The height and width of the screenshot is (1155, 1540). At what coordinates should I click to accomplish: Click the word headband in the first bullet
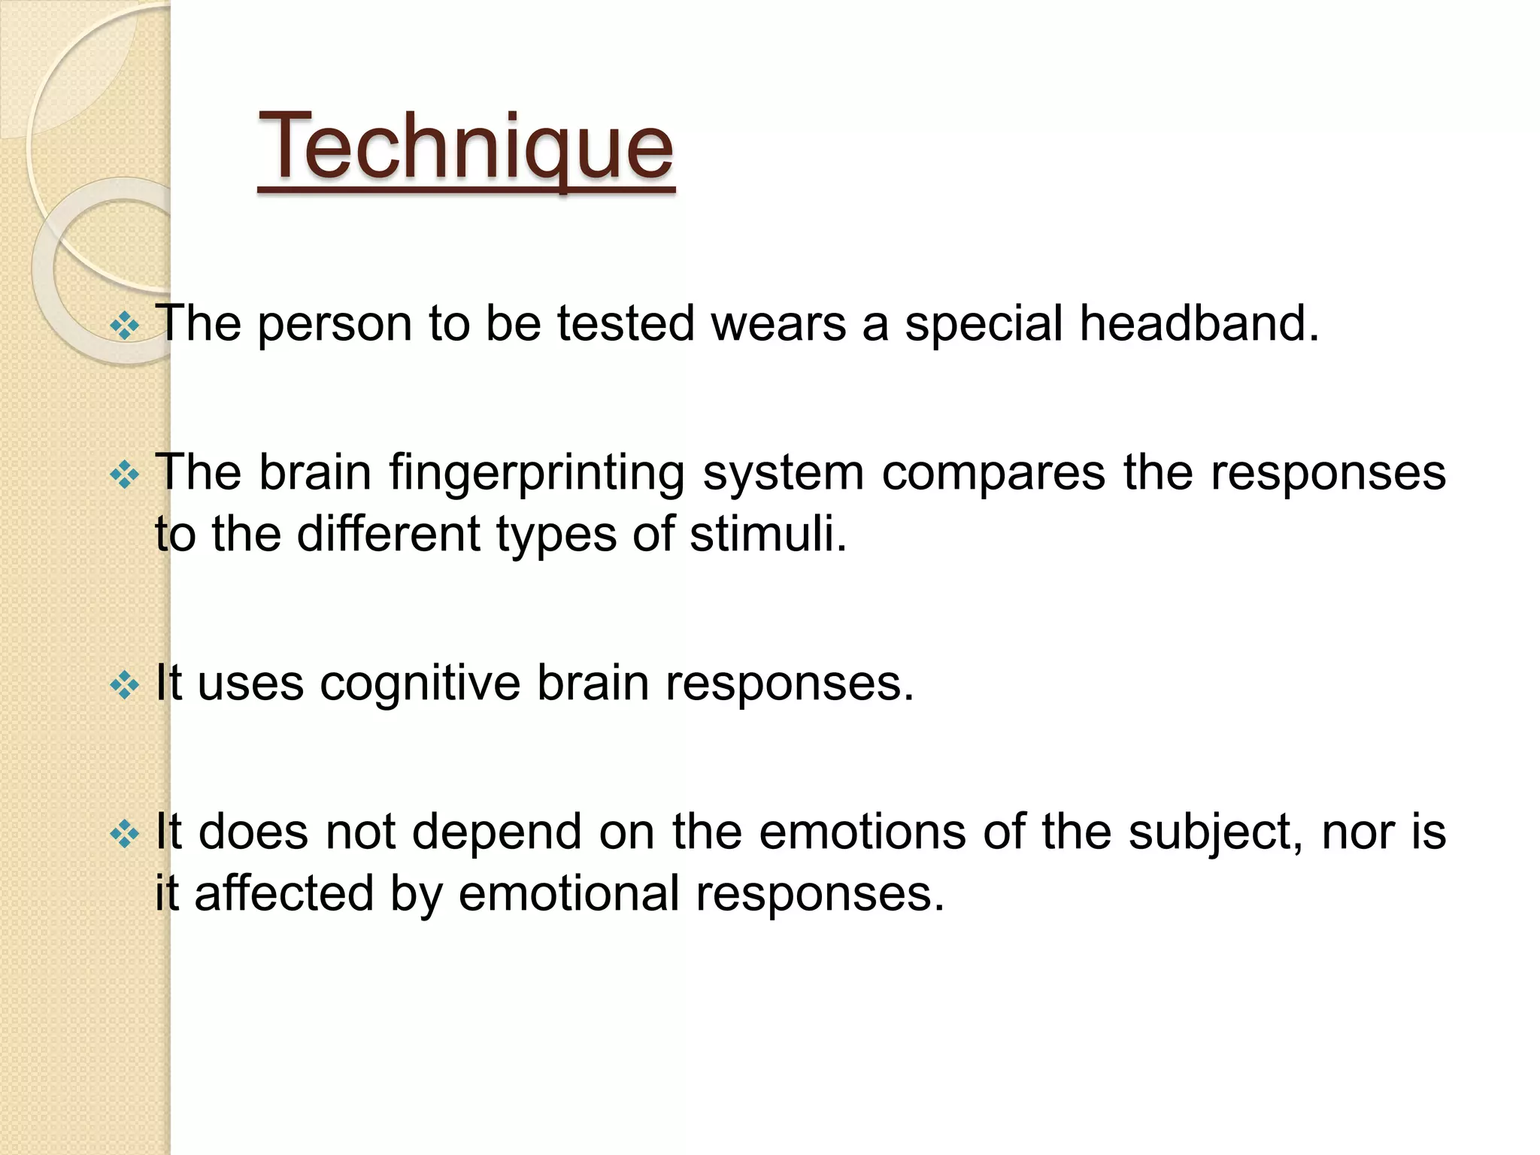click(x=1199, y=324)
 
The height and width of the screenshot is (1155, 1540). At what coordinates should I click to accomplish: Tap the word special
click(x=984, y=324)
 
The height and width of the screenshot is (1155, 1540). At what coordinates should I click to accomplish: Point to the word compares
click(x=993, y=473)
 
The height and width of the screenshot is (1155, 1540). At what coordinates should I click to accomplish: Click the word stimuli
click(x=768, y=534)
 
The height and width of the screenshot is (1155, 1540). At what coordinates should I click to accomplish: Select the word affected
click(x=283, y=893)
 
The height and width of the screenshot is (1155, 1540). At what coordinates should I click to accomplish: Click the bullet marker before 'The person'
click(x=125, y=326)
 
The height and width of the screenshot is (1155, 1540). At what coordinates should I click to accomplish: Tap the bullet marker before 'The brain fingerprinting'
click(x=125, y=475)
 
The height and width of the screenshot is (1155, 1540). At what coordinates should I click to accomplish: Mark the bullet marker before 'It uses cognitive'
click(x=125, y=685)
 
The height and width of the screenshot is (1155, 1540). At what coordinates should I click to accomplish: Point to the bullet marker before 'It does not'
click(x=125, y=834)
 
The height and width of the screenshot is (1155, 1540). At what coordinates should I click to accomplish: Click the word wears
click(x=778, y=324)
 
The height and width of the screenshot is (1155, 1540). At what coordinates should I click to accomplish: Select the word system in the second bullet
click(x=782, y=473)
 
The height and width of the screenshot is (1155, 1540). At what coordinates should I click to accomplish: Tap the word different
click(x=388, y=534)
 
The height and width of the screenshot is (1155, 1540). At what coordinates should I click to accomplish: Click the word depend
click(x=496, y=832)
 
